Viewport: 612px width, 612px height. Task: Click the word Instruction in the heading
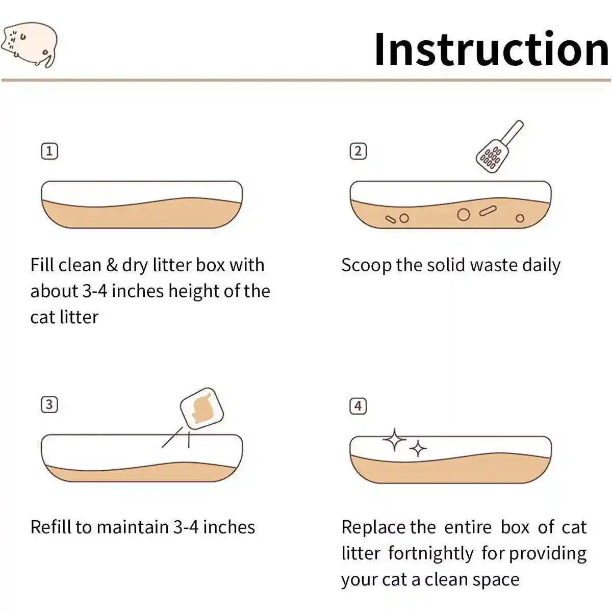click(x=492, y=49)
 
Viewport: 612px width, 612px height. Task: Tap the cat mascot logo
click(x=29, y=44)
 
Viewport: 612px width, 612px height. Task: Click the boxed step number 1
click(x=49, y=151)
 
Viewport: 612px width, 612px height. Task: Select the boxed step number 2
click(x=358, y=151)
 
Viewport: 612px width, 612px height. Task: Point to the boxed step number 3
click(x=49, y=404)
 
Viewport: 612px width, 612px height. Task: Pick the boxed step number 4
click(x=358, y=406)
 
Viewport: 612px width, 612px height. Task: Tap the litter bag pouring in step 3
click(x=201, y=409)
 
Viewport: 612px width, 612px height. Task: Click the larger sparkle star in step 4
click(x=394, y=440)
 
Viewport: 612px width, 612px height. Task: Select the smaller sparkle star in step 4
click(x=418, y=448)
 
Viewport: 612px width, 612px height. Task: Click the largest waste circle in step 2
click(x=464, y=215)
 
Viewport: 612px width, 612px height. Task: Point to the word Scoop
click(x=367, y=266)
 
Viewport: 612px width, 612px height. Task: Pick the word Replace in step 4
click(x=373, y=528)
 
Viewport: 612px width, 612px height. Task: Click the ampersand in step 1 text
click(x=112, y=265)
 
